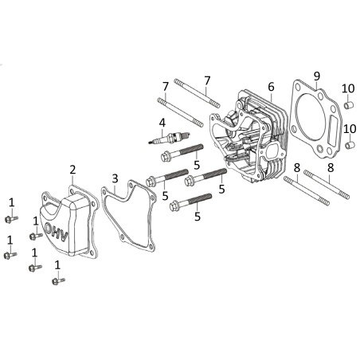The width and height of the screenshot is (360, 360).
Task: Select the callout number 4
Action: pos(162,123)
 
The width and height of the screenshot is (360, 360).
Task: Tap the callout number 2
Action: pos(72,169)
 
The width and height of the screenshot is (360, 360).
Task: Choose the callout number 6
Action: pos(271,86)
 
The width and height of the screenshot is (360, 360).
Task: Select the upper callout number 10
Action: pos(347,88)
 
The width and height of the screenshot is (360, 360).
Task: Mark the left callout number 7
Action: pos(166,85)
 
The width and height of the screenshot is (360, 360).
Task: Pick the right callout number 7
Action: pos(206,80)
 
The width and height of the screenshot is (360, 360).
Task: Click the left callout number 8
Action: pos(297,167)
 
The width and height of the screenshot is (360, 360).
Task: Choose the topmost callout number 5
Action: pos(196,164)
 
